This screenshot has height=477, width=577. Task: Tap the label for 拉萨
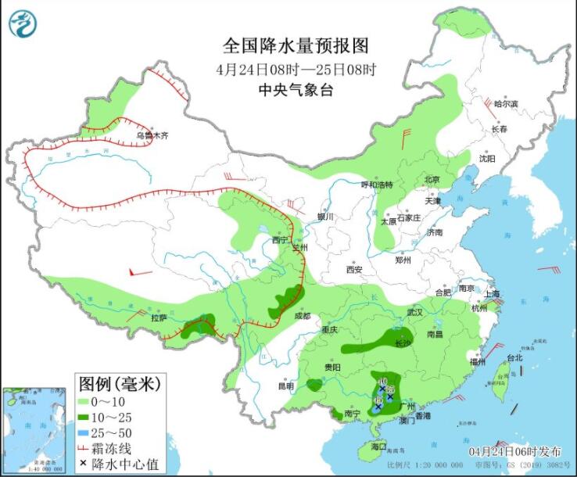pos(159,318)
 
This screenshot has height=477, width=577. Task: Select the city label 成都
pos(302,316)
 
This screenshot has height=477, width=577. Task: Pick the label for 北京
pos(432,179)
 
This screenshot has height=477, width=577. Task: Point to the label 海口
pos(378,446)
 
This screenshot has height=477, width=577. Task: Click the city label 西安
pos(354,270)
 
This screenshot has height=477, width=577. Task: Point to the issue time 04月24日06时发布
pos(514,452)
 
